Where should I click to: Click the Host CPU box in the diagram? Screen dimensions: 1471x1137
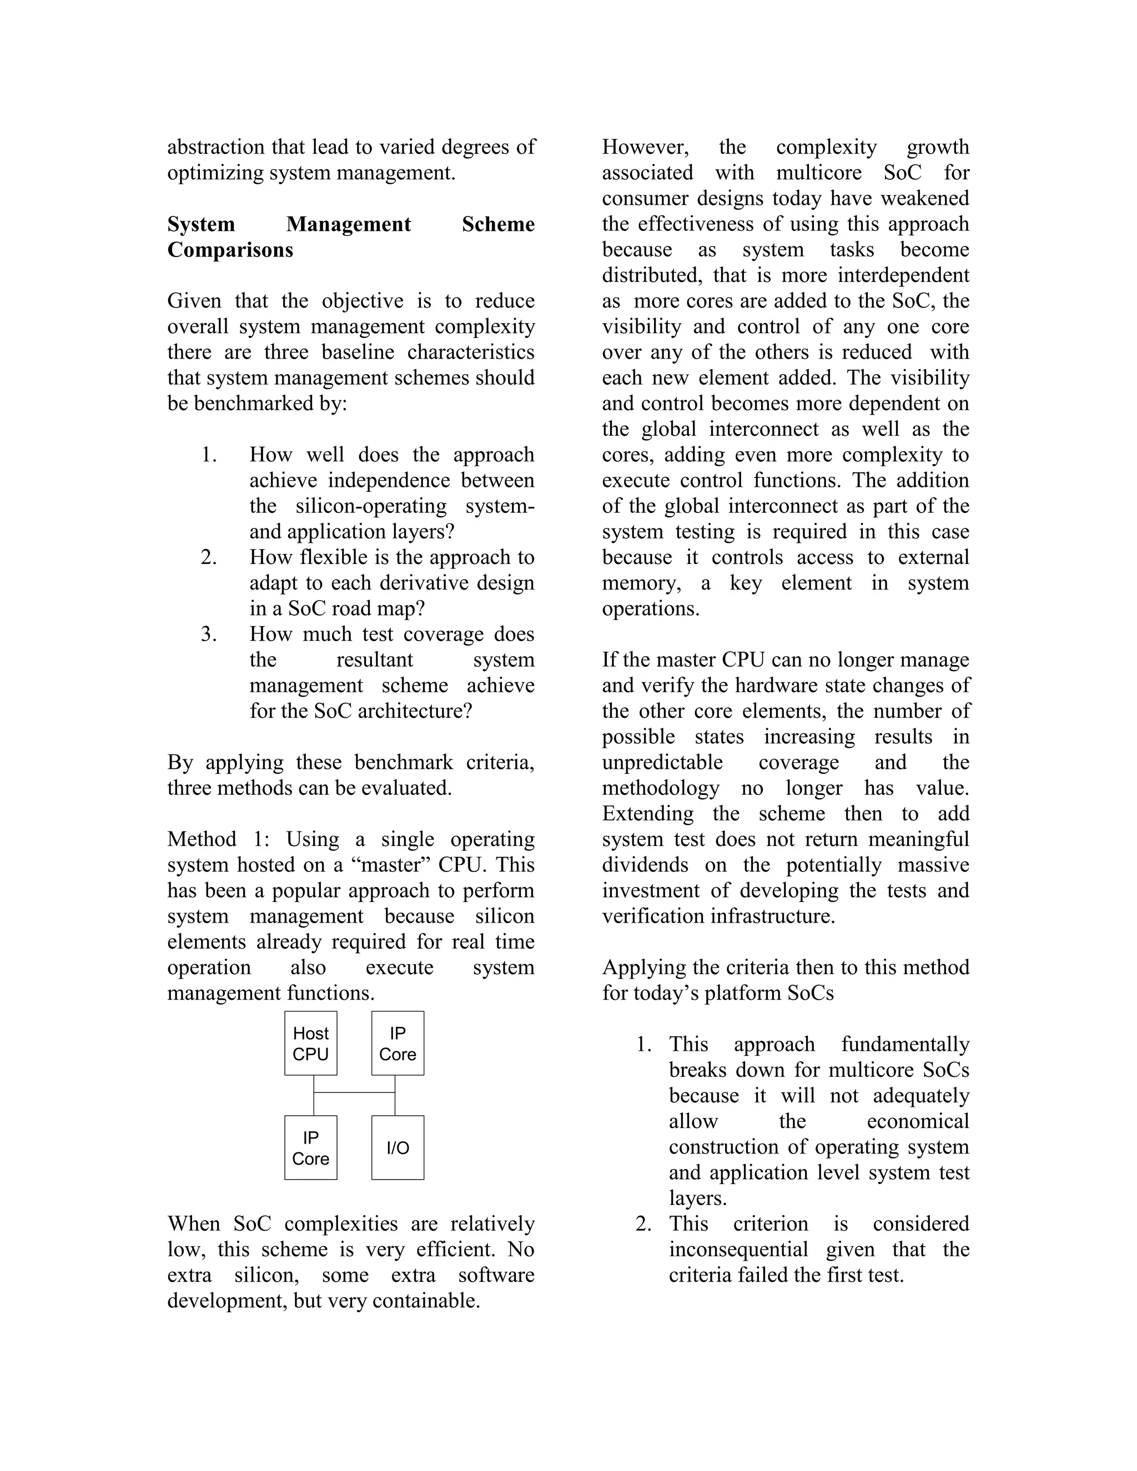[310, 1044]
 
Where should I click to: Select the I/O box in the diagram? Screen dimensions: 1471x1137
[398, 1148]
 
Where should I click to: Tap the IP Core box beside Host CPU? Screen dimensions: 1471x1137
[398, 1044]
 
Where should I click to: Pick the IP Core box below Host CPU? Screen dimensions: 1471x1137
[310, 1148]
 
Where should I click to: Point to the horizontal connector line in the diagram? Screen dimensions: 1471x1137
[354, 1092]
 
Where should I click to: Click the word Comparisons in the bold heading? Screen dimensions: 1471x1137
[230, 250]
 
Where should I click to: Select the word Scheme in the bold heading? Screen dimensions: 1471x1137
[498, 224]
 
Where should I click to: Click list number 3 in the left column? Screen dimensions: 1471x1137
[208, 634]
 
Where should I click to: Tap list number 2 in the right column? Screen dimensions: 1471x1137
[643, 1224]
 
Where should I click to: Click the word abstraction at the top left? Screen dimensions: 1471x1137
[215, 147]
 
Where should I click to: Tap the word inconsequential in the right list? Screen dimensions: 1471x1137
[738, 1250]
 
